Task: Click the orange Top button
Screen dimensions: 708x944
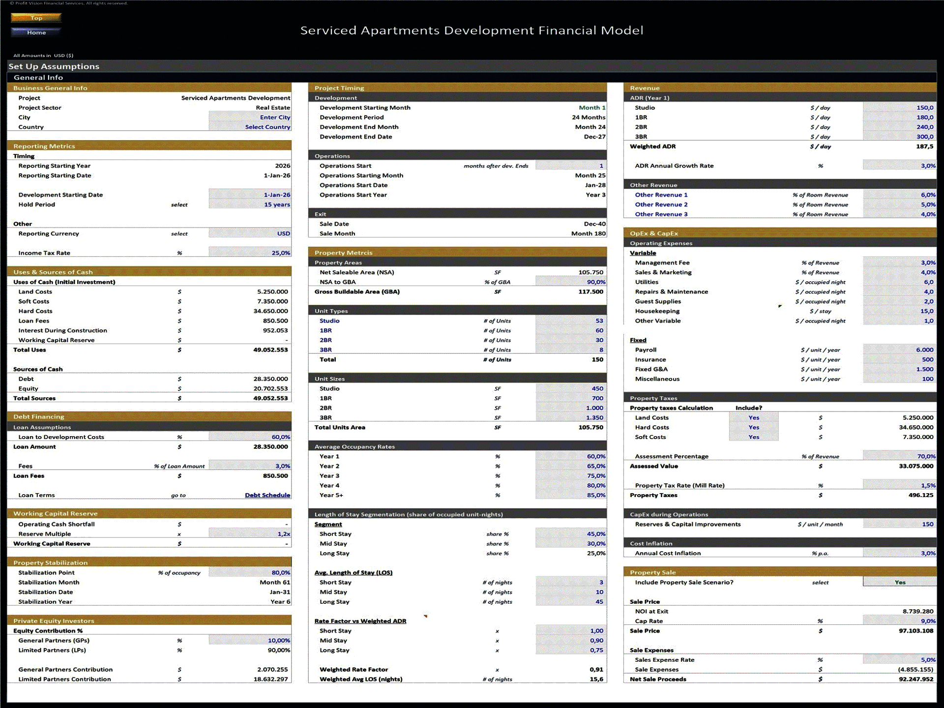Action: tap(36, 18)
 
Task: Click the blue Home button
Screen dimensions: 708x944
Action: tap(36, 32)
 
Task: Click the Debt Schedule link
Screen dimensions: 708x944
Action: tap(267, 495)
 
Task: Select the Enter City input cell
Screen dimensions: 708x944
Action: tap(250, 117)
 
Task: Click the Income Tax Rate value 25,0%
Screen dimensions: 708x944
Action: tap(250, 253)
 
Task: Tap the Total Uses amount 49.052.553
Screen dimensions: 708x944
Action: tap(270, 350)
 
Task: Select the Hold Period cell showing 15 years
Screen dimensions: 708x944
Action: tap(250, 205)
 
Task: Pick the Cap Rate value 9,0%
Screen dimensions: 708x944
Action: tap(900, 621)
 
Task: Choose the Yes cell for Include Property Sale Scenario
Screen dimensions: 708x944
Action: tap(900, 582)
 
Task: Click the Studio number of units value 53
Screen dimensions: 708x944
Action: tap(570, 321)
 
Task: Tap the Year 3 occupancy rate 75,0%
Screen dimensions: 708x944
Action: tap(570, 475)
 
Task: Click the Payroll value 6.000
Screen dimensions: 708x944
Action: tap(900, 350)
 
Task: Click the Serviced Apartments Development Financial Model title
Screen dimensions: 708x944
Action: tap(472, 30)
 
